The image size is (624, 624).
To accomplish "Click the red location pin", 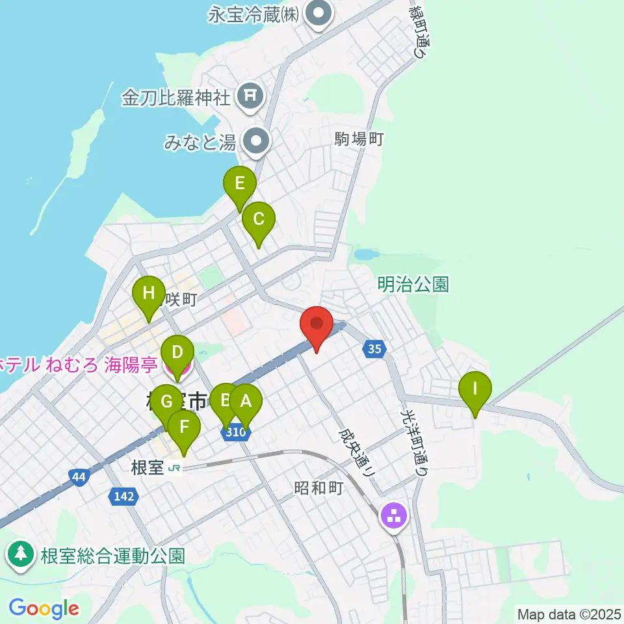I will (x=317, y=324).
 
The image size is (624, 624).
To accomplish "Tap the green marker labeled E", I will (x=240, y=184).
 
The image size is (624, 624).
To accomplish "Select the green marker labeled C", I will (x=259, y=220).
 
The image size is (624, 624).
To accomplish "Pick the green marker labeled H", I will (x=149, y=294).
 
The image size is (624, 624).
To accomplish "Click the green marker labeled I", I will (x=475, y=389).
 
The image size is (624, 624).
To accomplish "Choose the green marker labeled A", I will (x=245, y=402).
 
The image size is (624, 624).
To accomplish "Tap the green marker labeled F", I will (x=184, y=428).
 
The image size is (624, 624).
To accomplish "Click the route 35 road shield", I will (x=374, y=350).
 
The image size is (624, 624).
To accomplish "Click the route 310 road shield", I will (x=237, y=431).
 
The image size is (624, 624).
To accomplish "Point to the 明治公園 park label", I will (x=413, y=284).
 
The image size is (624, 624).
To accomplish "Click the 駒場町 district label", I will (x=360, y=138).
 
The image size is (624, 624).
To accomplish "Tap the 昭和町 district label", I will (x=318, y=487).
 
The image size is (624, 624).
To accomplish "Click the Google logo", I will (x=44, y=608).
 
